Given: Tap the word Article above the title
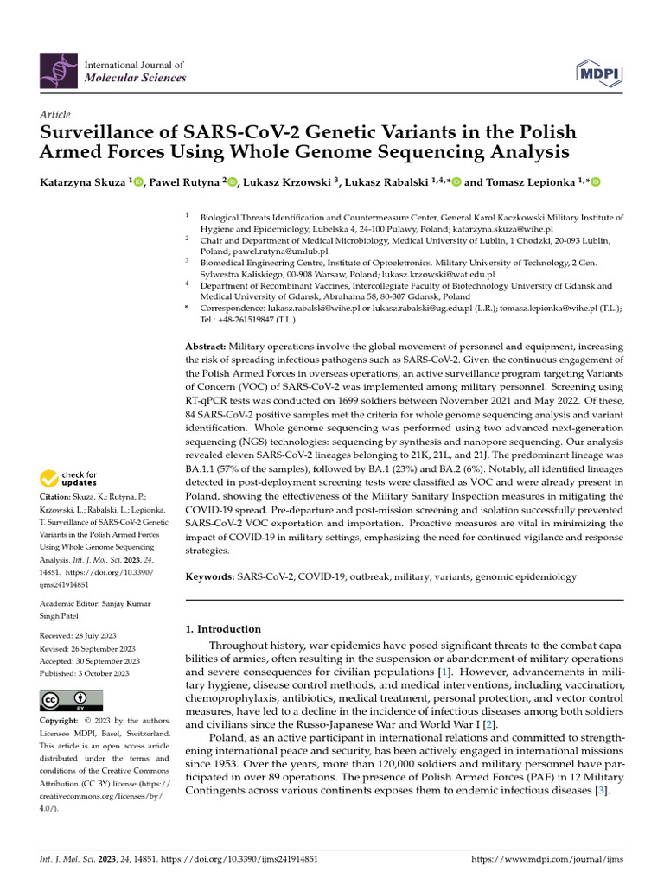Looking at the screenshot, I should (x=55, y=115).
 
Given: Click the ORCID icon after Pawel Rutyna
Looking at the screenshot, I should (x=233, y=181).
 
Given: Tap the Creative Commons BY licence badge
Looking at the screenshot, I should (x=71, y=700).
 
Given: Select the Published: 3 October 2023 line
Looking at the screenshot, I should (x=85, y=673).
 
